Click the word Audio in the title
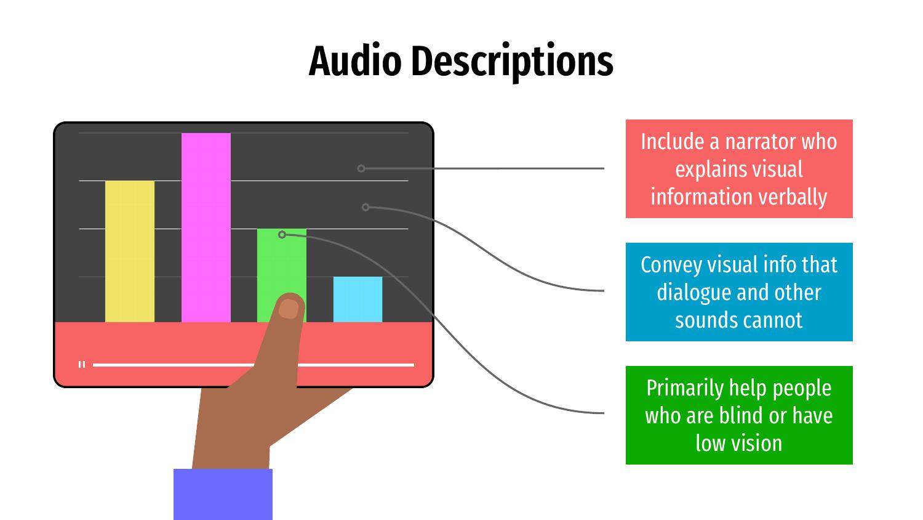coord(355,62)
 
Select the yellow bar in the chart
coord(130,251)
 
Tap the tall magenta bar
coord(206,227)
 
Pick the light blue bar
coord(358,299)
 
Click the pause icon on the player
coord(82,364)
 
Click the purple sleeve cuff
coord(223,494)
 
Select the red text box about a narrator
coord(739,169)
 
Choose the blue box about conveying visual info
coord(739,292)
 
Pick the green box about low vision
coord(739,415)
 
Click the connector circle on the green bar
coord(282,234)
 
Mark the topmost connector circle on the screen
coord(361,168)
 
